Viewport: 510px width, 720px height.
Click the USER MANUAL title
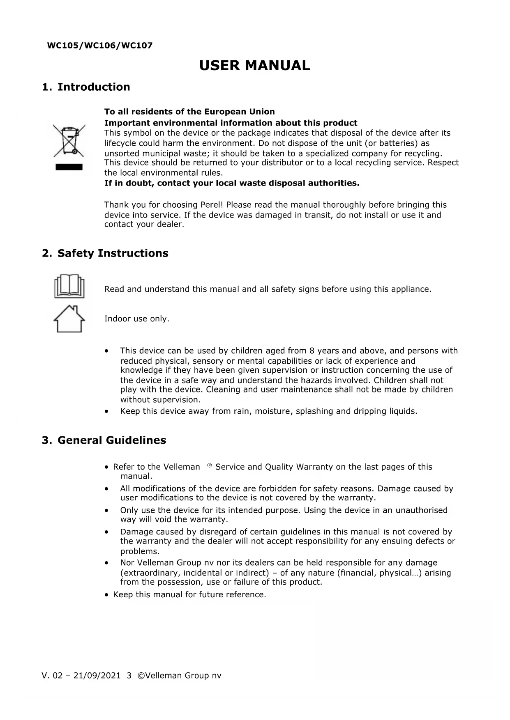tap(254, 66)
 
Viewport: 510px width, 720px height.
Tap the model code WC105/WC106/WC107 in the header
tap(100, 46)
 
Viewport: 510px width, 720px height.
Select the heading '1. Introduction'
tap(86, 87)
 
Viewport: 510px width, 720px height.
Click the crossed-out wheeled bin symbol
tap(69, 141)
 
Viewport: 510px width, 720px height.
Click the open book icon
tap(69, 286)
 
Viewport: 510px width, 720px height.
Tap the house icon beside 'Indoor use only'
tap(69, 319)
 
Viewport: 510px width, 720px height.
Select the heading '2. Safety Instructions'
tap(105, 253)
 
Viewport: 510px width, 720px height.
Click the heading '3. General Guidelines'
tap(104, 440)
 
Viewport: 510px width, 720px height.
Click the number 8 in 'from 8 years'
tap(312, 351)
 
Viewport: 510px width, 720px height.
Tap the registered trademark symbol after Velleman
tap(210, 465)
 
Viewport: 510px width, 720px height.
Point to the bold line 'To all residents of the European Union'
tap(189, 112)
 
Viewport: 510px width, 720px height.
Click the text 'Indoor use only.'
tap(137, 319)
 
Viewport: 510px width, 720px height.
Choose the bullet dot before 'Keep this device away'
tap(107, 411)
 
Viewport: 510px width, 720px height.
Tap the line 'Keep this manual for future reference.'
tap(189, 595)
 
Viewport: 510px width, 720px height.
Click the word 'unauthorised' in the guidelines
tap(421, 510)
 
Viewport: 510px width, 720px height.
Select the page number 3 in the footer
tap(129, 676)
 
